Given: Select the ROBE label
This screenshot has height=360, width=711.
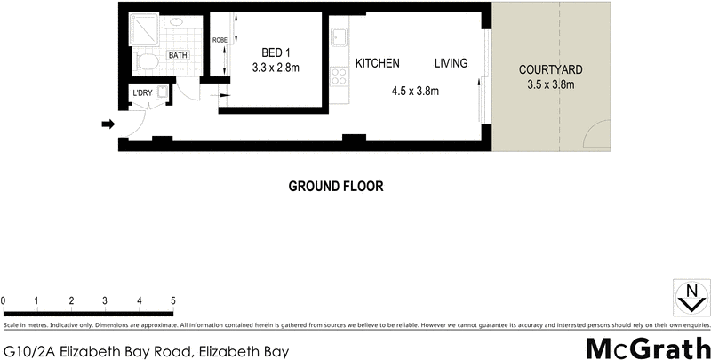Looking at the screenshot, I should tap(220, 41).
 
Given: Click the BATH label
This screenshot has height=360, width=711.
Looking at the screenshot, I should tap(179, 55).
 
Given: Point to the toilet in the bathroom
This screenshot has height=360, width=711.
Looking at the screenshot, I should tap(148, 61).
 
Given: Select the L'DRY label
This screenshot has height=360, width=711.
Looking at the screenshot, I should tap(142, 93).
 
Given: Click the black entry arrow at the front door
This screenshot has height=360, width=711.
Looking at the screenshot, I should tap(108, 124).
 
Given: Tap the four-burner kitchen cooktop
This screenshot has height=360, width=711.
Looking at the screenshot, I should tap(338, 77).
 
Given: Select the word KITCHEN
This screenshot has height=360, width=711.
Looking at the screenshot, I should tap(377, 64).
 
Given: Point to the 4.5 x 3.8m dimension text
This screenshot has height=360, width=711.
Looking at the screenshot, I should tap(416, 90).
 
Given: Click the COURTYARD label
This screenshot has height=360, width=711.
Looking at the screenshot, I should tap(551, 70).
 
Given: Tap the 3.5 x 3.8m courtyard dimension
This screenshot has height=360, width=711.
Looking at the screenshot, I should tap(551, 85).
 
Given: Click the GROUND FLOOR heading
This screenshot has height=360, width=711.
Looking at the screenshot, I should tap(335, 187).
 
